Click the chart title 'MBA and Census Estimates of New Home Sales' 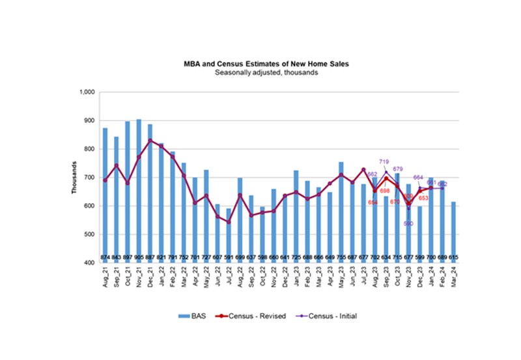(266, 64)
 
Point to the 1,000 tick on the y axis (87, 92)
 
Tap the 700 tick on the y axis (89, 178)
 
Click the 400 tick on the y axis (89, 263)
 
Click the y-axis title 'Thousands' (74, 178)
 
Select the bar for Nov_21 (138, 189)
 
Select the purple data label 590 (409, 223)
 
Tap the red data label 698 (385, 190)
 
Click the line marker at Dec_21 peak (150, 141)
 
